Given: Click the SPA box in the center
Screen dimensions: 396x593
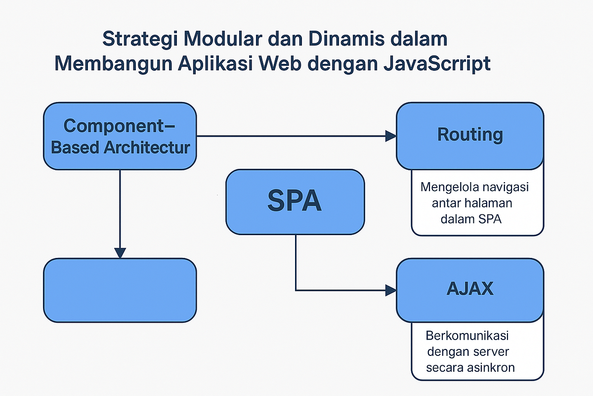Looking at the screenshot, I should [x=295, y=202].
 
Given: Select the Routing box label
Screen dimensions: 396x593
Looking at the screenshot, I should [x=470, y=135].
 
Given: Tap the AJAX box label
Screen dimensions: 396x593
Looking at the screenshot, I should [x=470, y=289].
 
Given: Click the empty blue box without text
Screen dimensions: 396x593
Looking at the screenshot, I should [x=120, y=290].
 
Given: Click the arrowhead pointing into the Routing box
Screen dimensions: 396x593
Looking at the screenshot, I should [x=391, y=136].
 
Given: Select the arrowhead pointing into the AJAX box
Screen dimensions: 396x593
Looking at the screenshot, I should [x=391, y=290].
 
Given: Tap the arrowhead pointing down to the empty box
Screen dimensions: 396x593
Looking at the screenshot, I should [x=120, y=252].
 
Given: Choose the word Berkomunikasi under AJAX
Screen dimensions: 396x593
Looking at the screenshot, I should [x=467, y=336].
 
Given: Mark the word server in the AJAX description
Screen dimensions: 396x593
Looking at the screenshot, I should [x=491, y=351].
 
